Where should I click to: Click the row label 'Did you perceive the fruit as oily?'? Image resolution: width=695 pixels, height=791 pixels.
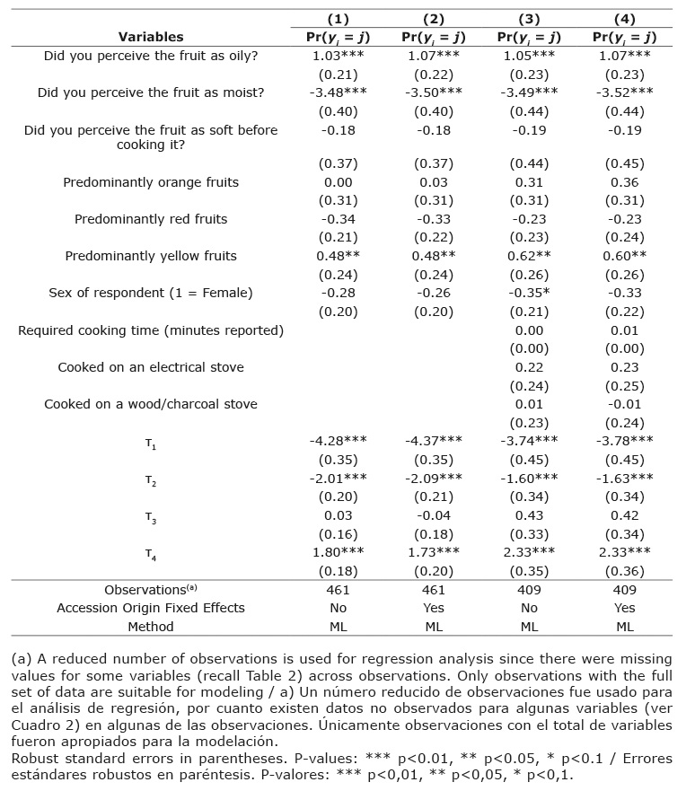point(151,56)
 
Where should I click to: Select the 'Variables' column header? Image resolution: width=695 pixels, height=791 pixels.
point(151,37)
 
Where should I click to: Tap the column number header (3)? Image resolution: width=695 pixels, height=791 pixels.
point(529,19)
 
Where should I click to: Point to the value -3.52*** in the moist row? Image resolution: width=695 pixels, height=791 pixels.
point(624,92)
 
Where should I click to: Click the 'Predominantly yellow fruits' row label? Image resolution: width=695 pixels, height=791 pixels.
point(151,256)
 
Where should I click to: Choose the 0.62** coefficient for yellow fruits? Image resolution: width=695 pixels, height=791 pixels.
point(529,256)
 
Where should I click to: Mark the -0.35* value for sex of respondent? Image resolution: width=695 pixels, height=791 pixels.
point(529,293)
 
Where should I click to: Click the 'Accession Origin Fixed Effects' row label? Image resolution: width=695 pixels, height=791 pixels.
point(151,608)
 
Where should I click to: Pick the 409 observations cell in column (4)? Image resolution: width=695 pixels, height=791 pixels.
point(624,590)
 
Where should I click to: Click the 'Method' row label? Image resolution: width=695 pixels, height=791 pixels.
point(151,626)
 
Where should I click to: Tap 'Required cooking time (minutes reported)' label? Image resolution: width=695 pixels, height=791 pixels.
point(151,330)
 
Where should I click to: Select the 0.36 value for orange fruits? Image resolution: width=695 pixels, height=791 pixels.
point(624,182)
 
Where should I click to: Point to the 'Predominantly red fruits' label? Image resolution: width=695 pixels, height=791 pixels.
point(151,219)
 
